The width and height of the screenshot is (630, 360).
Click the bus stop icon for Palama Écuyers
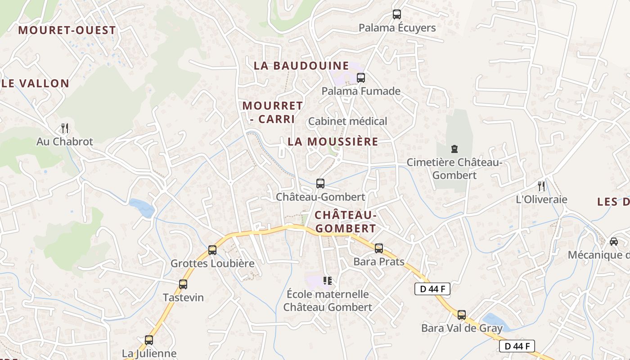[396, 14]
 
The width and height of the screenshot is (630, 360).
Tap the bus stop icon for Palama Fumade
[360, 78]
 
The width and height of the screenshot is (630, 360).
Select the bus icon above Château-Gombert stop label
[320, 184]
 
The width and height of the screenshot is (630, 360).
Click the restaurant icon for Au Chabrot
[65, 128]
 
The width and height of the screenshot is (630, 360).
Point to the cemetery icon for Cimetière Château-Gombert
[454, 149]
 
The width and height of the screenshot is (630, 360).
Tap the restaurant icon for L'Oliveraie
[541, 186]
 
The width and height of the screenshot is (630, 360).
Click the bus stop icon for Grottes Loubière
[212, 250]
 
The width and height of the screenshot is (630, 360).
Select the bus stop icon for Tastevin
[183, 284]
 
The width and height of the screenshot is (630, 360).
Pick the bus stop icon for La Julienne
[149, 340]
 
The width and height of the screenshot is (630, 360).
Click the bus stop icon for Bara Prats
[379, 248]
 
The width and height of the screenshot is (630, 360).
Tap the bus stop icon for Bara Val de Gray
[462, 315]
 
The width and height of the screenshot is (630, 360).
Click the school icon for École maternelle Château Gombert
[328, 281]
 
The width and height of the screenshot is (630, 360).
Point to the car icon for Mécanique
[613, 242]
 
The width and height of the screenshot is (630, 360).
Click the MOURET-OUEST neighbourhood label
[67, 31]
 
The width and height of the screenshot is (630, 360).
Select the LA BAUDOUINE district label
[301, 66]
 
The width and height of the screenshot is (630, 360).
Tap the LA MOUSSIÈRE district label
[333, 142]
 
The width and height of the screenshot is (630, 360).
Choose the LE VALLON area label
[36, 84]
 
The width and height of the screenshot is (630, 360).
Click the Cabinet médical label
[347, 121]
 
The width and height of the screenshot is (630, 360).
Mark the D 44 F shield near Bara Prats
[432, 289]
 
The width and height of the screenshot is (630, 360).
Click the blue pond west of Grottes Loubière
[142, 207]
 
